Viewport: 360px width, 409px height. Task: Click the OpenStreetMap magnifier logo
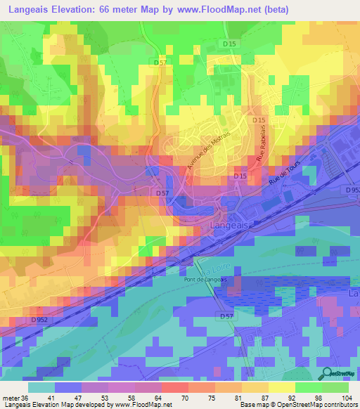point(328,375)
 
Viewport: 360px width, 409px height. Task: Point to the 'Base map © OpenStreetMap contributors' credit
point(298,405)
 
